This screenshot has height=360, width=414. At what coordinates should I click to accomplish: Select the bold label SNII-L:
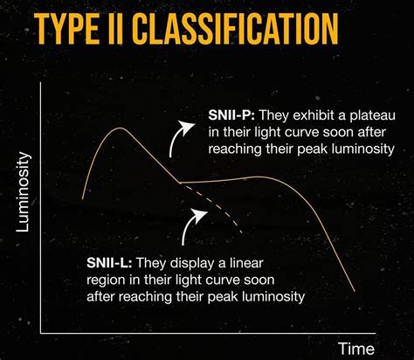[111, 263]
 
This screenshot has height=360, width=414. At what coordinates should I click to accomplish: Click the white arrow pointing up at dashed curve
[191, 230]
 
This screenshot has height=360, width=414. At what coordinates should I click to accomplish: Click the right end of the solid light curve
[354, 291]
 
